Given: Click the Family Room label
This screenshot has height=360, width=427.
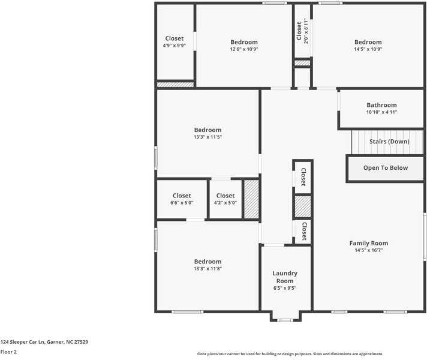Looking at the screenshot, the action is click(369, 243).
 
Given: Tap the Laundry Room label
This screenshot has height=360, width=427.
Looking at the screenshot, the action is click(285, 277).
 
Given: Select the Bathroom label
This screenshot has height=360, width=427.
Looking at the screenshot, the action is click(381, 105).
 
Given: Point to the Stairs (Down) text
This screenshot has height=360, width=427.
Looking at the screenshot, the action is click(389, 142).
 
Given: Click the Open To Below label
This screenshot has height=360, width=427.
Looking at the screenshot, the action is click(386, 168).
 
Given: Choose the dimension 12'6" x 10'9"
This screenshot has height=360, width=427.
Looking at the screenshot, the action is click(244, 49).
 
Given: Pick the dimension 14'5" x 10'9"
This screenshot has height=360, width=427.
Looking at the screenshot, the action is click(368, 49).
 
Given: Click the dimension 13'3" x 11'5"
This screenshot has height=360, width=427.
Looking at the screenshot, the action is click(208, 137).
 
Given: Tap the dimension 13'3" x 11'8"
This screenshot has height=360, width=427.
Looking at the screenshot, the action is click(208, 268).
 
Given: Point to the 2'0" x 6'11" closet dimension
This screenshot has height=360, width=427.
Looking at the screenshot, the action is click(306, 31).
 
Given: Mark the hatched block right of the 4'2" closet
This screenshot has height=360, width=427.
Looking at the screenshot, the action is click(251, 199).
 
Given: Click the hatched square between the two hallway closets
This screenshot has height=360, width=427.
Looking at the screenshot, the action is click(303, 206).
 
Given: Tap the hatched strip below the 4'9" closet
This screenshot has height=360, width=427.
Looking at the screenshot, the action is click(175, 85).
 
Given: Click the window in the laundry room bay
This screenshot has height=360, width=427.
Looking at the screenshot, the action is click(285, 320).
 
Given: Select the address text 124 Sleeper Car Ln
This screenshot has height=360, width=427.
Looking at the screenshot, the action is click(22, 342).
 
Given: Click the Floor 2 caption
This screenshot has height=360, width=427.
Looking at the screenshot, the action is click(8, 352).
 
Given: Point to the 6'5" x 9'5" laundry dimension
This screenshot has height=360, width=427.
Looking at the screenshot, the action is click(285, 288).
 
